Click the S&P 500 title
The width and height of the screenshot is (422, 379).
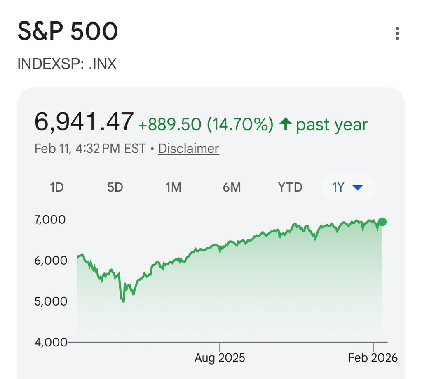tap(68, 31)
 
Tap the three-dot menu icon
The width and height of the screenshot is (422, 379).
tap(397, 33)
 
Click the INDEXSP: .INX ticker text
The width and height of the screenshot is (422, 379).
tap(67, 64)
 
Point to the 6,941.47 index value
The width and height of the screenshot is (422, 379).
tap(84, 122)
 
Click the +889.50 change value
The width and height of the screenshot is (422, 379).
tap(170, 125)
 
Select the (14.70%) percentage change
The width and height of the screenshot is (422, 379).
tap(240, 125)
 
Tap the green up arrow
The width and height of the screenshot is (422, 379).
tap(286, 124)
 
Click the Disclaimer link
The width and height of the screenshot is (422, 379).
tap(189, 149)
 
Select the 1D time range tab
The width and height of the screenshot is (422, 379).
tap(57, 187)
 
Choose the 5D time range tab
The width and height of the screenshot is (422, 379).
tap(115, 187)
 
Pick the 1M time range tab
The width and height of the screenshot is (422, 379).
tap(173, 187)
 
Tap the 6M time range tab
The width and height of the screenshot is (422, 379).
tap(232, 187)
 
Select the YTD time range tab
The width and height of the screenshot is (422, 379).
tap(290, 187)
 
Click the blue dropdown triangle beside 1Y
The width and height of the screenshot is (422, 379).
tap(358, 187)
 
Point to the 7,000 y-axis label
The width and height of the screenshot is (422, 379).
tap(50, 220)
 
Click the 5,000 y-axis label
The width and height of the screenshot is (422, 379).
tap(51, 301)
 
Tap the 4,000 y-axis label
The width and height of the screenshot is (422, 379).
tap(51, 342)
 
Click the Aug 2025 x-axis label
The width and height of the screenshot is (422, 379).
tap(220, 358)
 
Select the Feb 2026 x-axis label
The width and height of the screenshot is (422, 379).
tap(373, 358)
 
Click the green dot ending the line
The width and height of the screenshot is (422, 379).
tap(382, 222)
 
